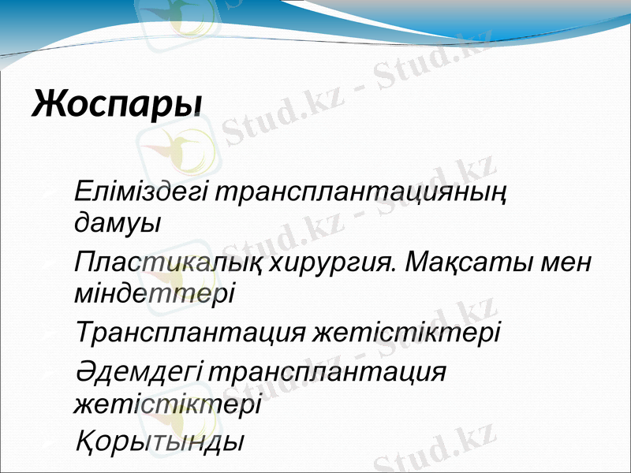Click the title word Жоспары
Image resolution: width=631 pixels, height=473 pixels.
pyautogui.click(x=117, y=103)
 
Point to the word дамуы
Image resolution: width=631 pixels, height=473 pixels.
pyautogui.click(x=116, y=222)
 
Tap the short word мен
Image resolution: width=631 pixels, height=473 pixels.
pyautogui.click(x=568, y=262)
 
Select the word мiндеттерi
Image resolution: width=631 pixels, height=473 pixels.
pyautogui.click(x=154, y=292)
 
